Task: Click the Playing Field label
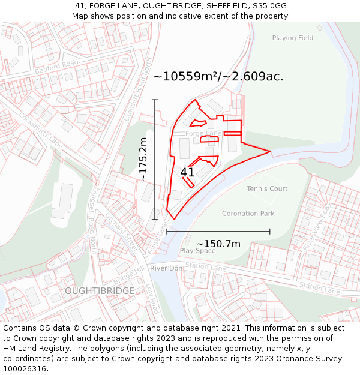tap(292, 38)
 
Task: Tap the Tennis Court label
tap(267, 188)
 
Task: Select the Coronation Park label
tap(248, 214)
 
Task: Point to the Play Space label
tap(197, 251)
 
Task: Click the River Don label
tap(166, 268)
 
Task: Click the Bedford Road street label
tap(56, 67)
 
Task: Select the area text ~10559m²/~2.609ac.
tap(218, 77)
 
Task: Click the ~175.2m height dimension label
tap(143, 159)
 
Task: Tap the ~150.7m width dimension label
tap(218, 243)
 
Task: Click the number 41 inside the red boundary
tap(187, 172)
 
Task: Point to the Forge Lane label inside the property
tap(203, 133)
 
